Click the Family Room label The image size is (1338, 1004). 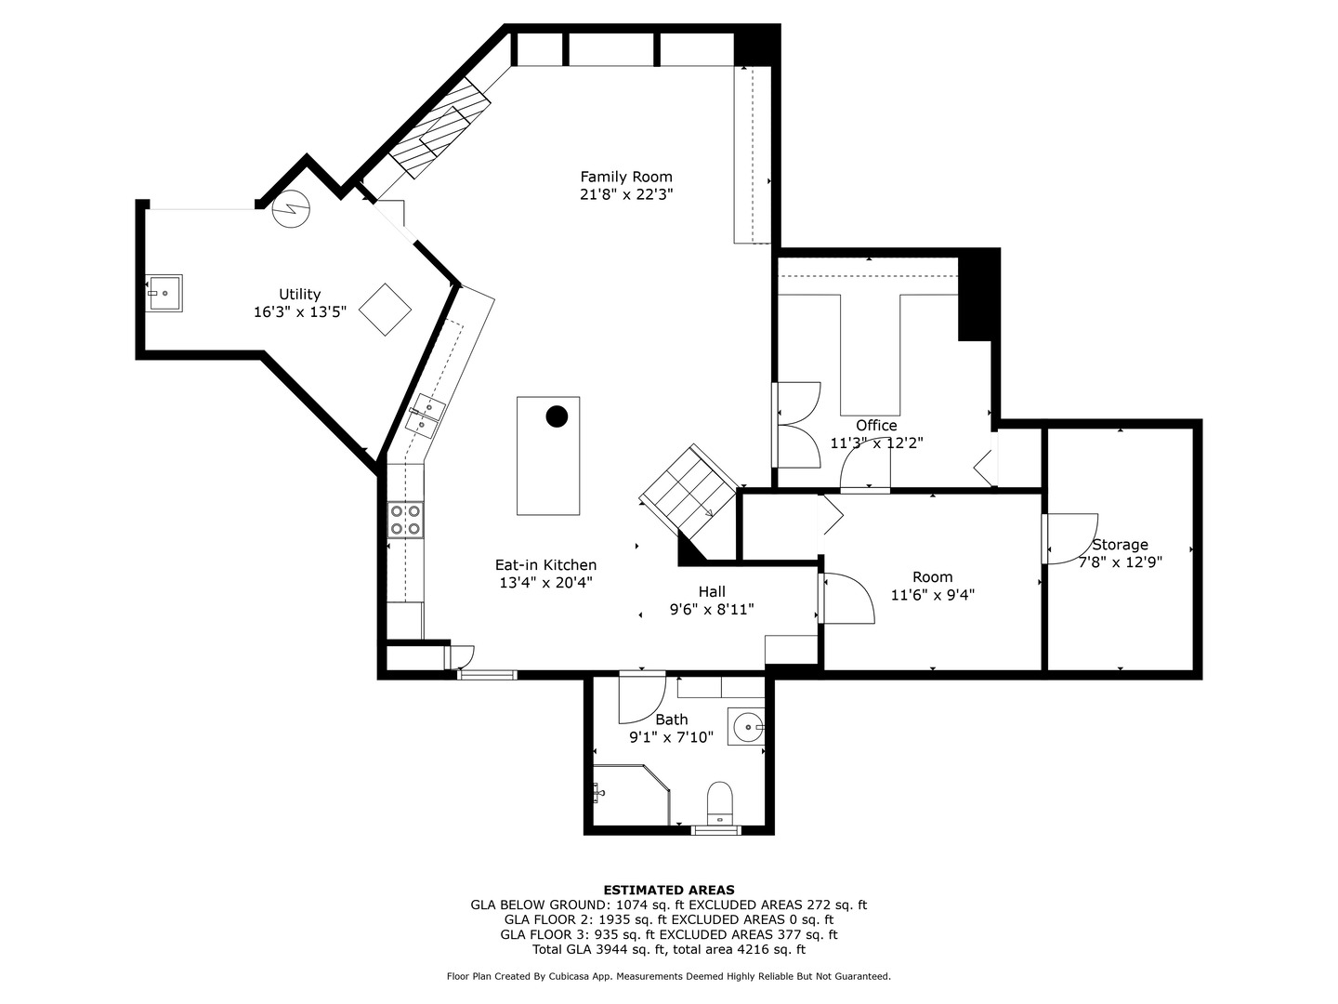click(625, 177)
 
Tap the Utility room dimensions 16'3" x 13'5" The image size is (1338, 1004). click(299, 312)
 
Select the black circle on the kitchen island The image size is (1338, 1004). click(557, 416)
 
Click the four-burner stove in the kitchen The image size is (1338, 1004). click(405, 519)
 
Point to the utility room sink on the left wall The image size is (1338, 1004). click(164, 292)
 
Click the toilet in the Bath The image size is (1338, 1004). click(720, 803)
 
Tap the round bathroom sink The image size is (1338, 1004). click(747, 726)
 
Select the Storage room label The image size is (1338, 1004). click(1120, 545)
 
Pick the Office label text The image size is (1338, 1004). click(876, 426)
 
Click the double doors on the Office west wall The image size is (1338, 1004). click(795, 424)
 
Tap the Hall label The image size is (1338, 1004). click(712, 591)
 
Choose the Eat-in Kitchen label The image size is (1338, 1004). click(545, 565)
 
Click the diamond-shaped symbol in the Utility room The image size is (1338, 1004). click(385, 310)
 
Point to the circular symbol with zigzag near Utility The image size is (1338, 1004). click(293, 207)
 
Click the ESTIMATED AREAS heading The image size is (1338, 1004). click(668, 890)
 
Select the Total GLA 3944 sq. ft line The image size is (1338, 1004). click(668, 950)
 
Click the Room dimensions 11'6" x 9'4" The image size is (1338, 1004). click(932, 595)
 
